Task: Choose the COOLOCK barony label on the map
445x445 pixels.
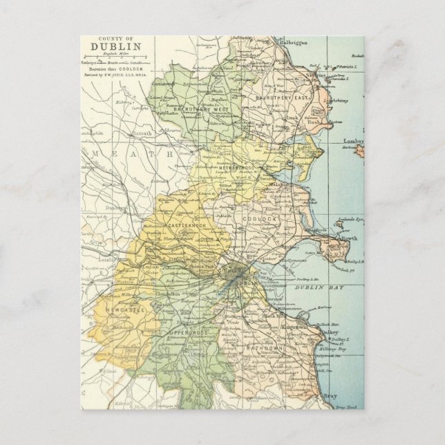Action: point(260,218)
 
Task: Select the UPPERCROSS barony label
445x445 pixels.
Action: point(189,332)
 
